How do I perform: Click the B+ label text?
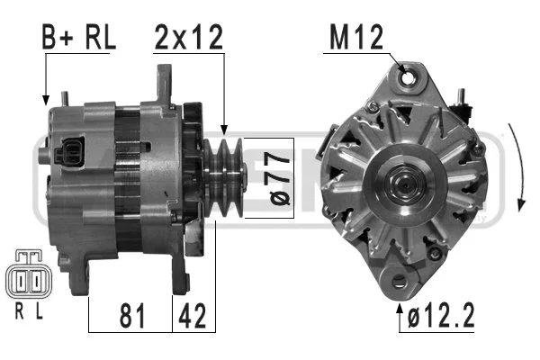coord(59,39)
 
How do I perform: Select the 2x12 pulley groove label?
coord(189,39)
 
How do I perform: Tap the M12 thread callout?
coord(359,39)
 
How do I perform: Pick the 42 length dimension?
coord(193,316)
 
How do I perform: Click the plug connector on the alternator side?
coord(69,151)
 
